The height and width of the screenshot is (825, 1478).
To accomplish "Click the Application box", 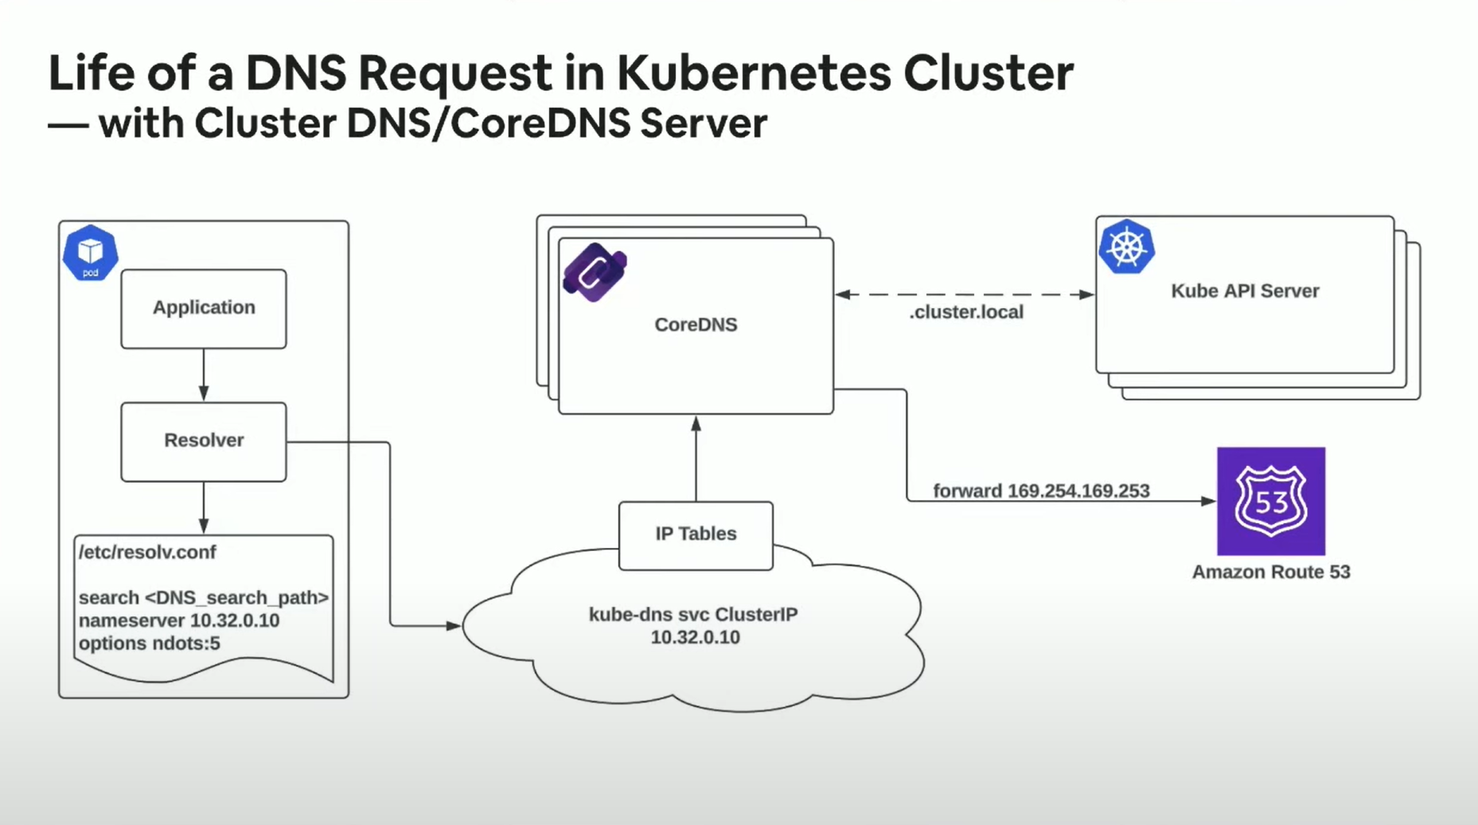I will click(x=204, y=308).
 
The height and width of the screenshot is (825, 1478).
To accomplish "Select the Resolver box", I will click(x=204, y=441).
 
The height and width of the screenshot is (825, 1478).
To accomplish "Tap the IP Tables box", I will click(x=696, y=534).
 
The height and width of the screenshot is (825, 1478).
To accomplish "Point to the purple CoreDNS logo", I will click(x=595, y=272).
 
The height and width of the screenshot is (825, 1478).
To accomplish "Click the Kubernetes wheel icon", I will click(x=1126, y=247).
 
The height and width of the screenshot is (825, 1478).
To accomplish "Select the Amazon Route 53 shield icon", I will click(x=1270, y=501).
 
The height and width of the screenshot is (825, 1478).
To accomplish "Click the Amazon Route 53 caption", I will click(x=1270, y=572).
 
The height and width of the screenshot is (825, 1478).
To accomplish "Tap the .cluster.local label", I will click(x=966, y=312).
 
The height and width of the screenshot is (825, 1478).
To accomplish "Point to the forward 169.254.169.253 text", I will click(x=1041, y=491).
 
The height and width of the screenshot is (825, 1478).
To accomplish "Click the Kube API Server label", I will click(x=1245, y=291).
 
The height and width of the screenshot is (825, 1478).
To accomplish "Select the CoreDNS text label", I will click(x=696, y=325).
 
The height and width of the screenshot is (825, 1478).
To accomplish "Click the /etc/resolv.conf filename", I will click(x=147, y=552).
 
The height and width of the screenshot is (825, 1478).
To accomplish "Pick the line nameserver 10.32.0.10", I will click(x=179, y=620).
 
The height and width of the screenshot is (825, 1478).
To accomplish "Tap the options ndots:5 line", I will click(x=150, y=643).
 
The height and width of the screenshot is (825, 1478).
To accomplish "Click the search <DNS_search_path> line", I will click(x=204, y=597).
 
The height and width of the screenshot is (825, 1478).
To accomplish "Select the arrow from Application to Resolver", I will click(x=204, y=375).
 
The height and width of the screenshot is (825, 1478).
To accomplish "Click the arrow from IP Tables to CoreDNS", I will click(x=696, y=458).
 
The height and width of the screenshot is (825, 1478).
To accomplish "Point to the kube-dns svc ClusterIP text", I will click(x=693, y=615).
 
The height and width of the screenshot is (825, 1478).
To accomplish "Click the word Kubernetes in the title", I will click(x=754, y=73).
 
